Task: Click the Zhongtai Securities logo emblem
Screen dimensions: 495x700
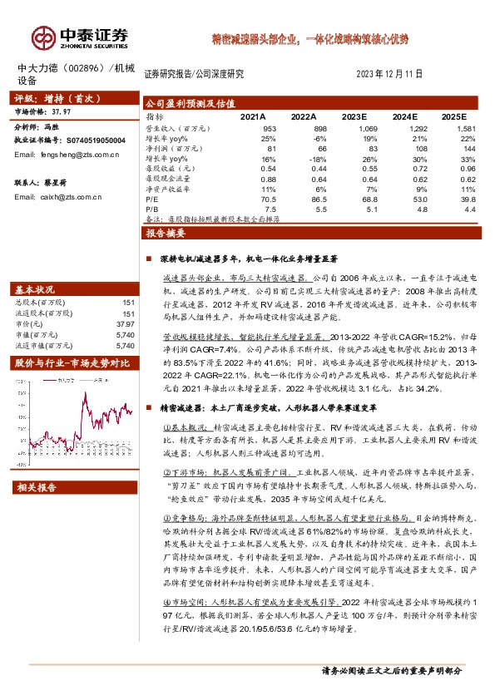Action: click(x=44, y=37)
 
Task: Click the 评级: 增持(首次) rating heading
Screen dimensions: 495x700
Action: click(x=52, y=96)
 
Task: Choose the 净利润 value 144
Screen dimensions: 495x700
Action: click(x=468, y=147)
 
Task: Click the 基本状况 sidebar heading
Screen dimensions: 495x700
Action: click(x=35, y=289)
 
